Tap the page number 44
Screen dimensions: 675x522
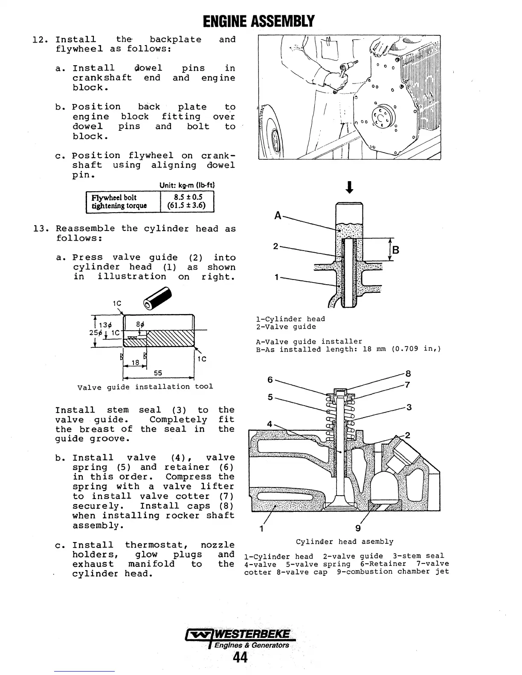pyautogui.click(x=240, y=658)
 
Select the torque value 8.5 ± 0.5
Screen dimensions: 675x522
pyautogui.click(x=188, y=197)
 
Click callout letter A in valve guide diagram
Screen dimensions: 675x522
pyautogui.click(x=278, y=216)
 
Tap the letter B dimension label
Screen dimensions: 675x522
pyautogui.click(x=395, y=250)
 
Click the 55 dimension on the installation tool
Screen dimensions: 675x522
pyautogui.click(x=158, y=373)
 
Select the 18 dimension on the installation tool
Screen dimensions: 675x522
pyautogui.click(x=135, y=363)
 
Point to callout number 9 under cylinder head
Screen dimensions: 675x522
pyautogui.click(x=358, y=528)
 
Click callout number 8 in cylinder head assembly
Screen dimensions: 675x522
pyautogui.click(x=408, y=374)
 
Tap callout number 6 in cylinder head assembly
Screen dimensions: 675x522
pyautogui.click(x=270, y=379)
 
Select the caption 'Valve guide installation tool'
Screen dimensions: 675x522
pyautogui.click(x=145, y=387)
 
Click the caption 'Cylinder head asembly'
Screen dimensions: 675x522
pyautogui.click(x=345, y=542)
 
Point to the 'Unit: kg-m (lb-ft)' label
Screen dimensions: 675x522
pyautogui.click(x=187, y=185)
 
